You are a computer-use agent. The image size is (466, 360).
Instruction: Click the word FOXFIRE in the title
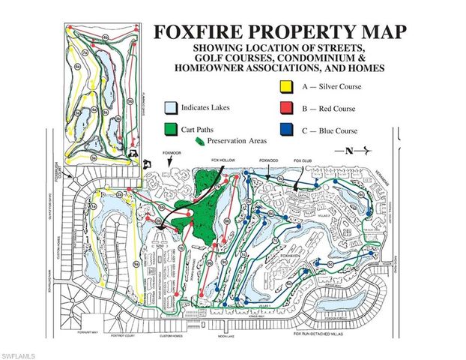203,32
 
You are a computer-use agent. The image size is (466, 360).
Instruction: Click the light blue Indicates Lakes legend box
172,108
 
